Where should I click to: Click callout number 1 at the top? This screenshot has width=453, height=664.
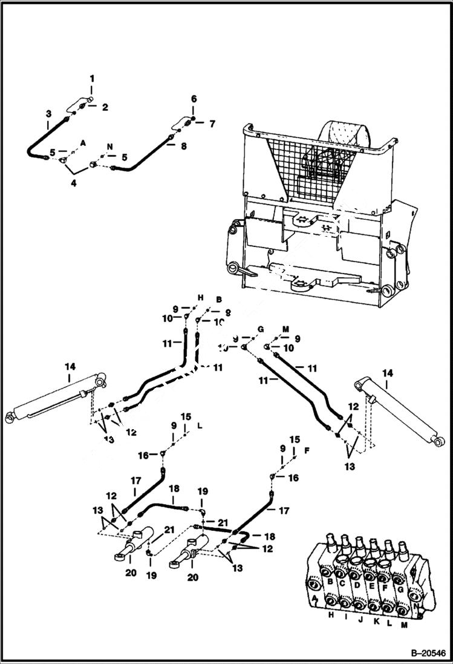click(92, 78)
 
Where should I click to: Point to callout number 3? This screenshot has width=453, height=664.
click(48, 113)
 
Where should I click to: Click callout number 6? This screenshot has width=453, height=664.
click(194, 99)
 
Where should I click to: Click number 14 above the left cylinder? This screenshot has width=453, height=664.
click(70, 366)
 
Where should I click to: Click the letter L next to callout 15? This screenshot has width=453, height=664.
click(200, 426)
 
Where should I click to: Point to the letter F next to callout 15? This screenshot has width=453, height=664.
click(307, 450)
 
